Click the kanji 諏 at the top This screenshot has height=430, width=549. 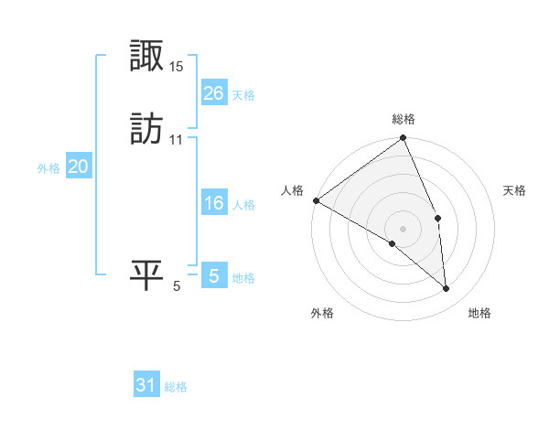coord(146,58)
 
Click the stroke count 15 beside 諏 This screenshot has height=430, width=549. coord(177,67)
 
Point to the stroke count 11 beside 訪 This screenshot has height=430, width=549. coord(176,140)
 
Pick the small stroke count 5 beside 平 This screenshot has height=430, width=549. coord(177,286)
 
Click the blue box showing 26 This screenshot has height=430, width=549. coord(213,93)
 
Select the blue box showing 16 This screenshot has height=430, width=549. coord(213,203)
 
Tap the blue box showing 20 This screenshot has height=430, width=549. coord(79,167)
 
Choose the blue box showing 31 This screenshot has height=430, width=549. coord(146,386)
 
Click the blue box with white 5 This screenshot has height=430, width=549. coord(213,276)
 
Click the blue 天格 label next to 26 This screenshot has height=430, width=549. coord(243,95)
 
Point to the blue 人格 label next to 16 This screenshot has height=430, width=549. coord(243,205)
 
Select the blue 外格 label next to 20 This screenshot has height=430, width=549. coord(48,168)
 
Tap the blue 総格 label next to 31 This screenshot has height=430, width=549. coord(176,388)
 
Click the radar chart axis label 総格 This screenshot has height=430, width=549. coord(403,119)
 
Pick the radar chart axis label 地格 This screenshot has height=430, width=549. coord(479,314)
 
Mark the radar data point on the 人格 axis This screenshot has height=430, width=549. coord(316,200)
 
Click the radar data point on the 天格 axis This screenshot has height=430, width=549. coord(438,218)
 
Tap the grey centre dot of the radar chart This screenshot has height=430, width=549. coord(403,228)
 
